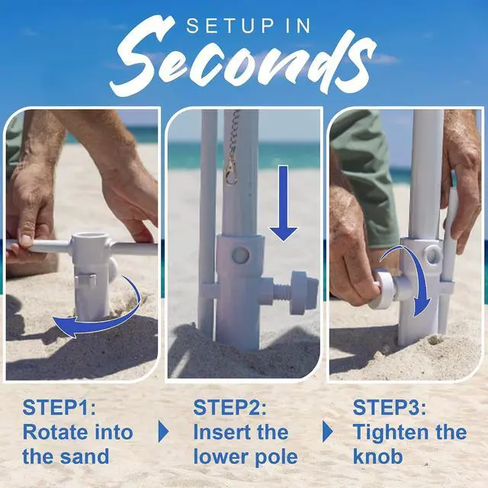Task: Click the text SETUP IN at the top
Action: tap(249, 26)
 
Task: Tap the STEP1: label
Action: tap(59, 407)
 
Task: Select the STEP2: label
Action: tap(230, 407)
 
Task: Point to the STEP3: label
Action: tap(390, 407)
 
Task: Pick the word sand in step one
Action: tap(85, 457)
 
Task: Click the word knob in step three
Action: tap(378, 457)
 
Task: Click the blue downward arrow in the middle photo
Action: tap(283, 204)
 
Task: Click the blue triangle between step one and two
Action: tap(163, 432)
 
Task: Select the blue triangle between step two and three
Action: tap(328, 432)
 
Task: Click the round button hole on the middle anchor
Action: tap(240, 255)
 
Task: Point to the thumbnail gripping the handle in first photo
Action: tap(26, 240)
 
